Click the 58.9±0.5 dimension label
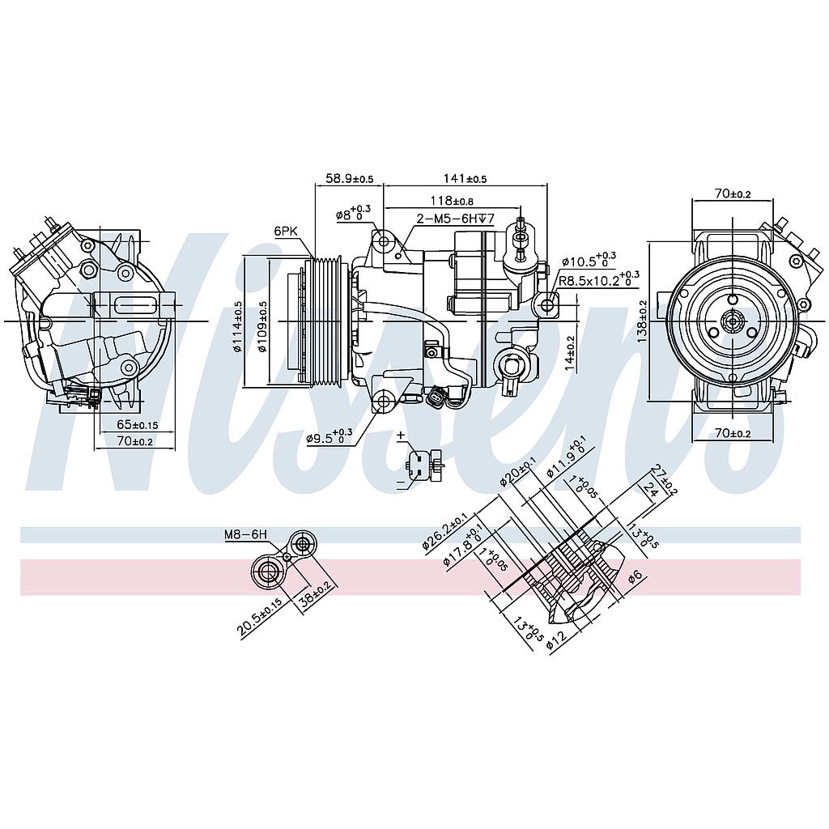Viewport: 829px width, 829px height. pyautogui.click(x=350, y=178)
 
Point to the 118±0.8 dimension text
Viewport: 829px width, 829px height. pyautogui.click(x=451, y=201)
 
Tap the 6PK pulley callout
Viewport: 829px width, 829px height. pyautogui.click(x=286, y=231)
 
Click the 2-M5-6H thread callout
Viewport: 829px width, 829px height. pyautogui.click(x=455, y=219)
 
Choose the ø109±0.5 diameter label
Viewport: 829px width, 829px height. pyautogui.click(x=262, y=327)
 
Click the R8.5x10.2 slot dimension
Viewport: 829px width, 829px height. pyautogui.click(x=599, y=282)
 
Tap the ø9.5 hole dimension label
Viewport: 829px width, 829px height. pyautogui.click(x=329, y=437)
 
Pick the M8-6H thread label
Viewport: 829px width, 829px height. pyautogui.click(x=245, y=535)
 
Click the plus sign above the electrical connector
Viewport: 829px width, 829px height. pyautogui.click(x=401, y=436)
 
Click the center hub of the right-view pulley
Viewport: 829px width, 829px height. pyautogui.click(x=732, y=321)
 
